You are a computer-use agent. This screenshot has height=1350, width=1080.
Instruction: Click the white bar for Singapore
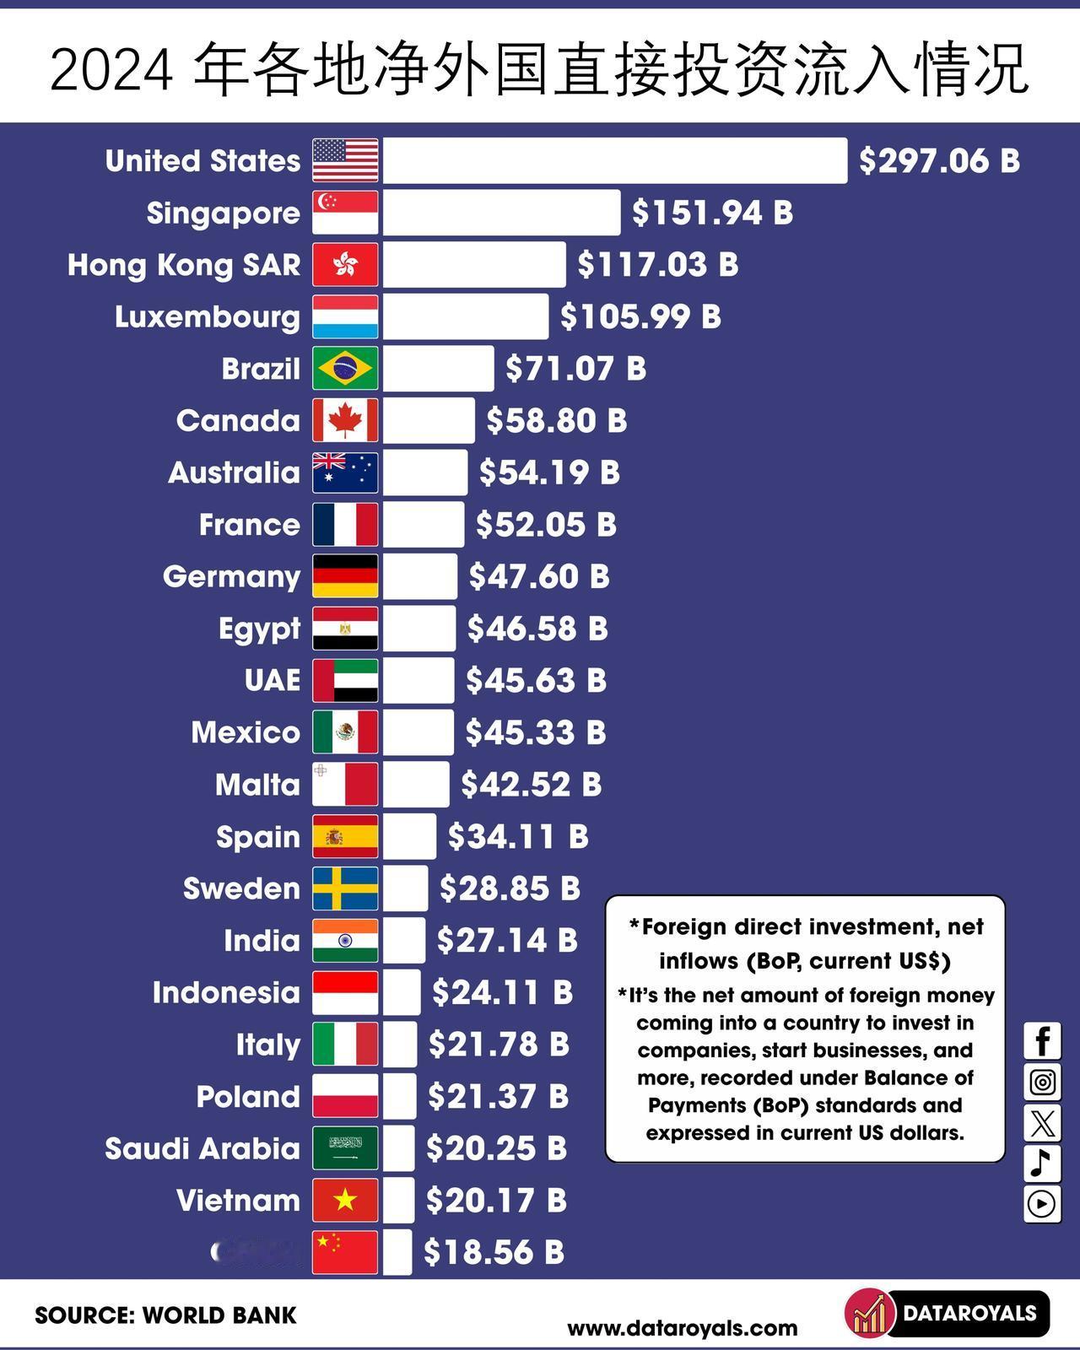tap(501, 213)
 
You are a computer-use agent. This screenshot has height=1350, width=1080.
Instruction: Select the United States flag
tap(345, 160)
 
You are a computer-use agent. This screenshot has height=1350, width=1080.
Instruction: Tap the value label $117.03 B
tap(657, 264)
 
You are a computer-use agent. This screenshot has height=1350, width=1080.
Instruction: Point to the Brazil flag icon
tap(345, 369)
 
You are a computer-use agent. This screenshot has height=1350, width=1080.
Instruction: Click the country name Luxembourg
tap(208, 317)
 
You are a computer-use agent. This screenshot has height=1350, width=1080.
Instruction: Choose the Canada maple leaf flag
tap(345, 420)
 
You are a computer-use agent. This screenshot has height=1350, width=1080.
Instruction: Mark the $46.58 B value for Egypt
tap(537, 629)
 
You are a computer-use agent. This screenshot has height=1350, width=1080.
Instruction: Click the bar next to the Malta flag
tap(416, 785)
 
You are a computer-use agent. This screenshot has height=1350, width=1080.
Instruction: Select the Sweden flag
tap(345, 888)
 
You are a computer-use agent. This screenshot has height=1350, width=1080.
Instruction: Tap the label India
tap(262, 941)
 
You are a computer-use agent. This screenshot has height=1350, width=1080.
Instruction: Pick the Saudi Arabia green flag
tap(345, 1148)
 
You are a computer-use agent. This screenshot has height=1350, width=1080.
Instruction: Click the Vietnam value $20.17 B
tap(496, 1201)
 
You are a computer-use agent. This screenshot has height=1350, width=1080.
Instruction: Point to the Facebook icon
tap(1042, 1041)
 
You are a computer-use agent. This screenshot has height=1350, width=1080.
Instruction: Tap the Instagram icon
tap(1042, 1082)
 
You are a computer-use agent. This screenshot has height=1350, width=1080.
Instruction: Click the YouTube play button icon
tap(1042, 1204)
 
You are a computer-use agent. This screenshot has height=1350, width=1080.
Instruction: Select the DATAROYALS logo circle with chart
tap(869, 1314)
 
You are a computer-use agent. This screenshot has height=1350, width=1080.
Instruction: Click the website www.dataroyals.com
tap(682, 1328)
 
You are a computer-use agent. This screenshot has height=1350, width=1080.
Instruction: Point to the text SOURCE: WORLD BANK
tap(165, 1315)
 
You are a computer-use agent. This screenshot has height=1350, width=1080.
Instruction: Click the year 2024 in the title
tap(111, 71)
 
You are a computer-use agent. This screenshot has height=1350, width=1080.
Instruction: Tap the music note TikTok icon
tap(1042, 1164)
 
